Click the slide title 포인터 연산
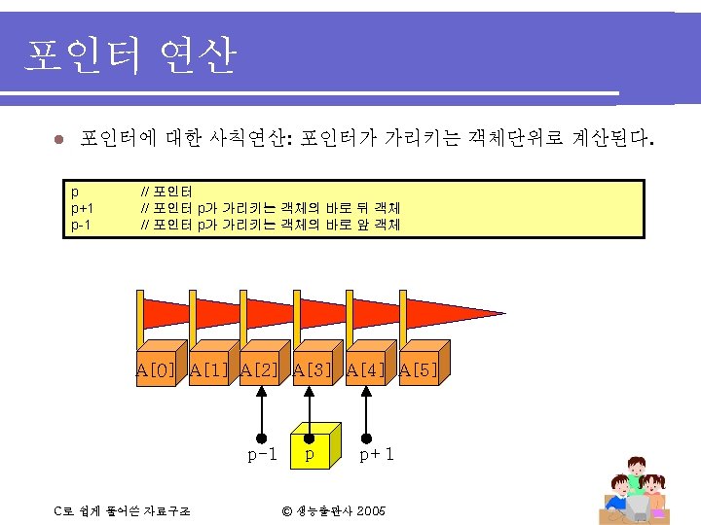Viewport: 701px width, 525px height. pyautogui.click(x=130, y=56)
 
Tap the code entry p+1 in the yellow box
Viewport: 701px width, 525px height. pyautogui.click(x=82, y=208)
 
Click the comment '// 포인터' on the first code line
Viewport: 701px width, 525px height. pyautogui.click(x=167, y=192)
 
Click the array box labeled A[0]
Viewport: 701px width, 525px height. pyautogui.click(x=156, y=367)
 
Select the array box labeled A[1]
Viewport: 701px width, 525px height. pyautogui.click(x=209, y=367)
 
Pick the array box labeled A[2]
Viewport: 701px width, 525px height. pyautogui.click(x=262, y=367)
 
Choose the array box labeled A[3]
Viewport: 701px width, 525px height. pyautogui.click(x=314, y=367)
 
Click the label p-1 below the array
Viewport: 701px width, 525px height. pyautogui.click(x=262, y=454)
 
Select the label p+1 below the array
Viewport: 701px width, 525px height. pyautogui.click(x=377, y=454)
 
